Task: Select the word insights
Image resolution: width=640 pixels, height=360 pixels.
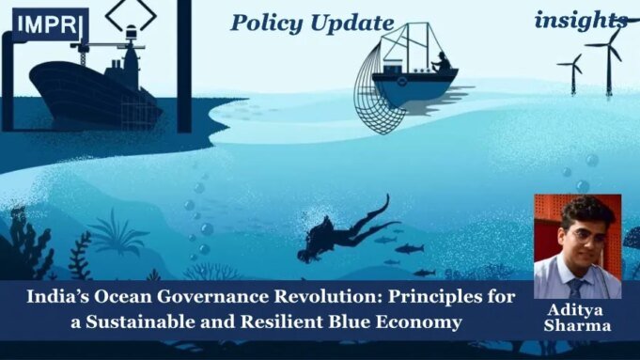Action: tap(581, 20)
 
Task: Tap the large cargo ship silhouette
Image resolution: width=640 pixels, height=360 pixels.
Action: tap(94, 89)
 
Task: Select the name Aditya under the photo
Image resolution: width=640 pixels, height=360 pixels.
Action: tap(576, 310)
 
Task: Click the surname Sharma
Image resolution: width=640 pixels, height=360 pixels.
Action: tap(576, 325)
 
